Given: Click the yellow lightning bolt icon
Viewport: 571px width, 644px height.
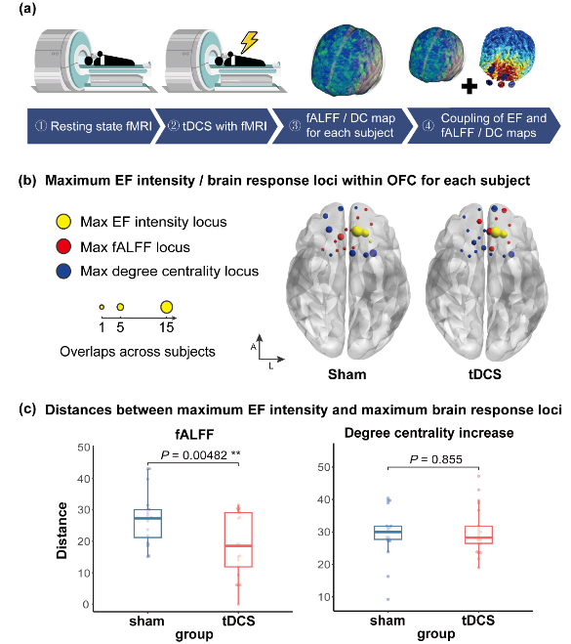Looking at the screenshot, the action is tap(249, 42).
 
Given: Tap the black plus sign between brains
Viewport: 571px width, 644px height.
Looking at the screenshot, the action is tap(469, 86).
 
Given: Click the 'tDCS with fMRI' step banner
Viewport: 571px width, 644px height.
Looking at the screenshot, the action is tap(218, 126).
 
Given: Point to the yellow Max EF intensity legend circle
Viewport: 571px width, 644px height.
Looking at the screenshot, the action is tap(63, 222).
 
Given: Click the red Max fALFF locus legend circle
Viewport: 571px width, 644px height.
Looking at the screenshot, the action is tap(63, 247).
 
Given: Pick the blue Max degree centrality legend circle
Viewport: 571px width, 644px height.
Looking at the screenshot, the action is tap(63, 271).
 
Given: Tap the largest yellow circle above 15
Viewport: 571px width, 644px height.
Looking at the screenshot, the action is tap(166, 307).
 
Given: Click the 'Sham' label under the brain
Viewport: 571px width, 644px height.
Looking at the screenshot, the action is tap(347, 374).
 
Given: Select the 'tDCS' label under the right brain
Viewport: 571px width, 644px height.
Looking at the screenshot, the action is tap(485, 374).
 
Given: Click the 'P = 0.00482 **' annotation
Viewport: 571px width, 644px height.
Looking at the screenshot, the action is tap(201, 455).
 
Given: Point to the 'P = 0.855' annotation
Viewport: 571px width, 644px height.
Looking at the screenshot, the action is tap(436, 459).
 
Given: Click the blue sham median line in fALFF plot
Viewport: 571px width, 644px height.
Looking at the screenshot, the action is tap(147, 518).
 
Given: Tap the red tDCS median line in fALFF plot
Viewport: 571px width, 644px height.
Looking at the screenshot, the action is tap(238, 545).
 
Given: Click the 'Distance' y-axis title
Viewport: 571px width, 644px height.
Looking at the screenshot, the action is tap(61, 531).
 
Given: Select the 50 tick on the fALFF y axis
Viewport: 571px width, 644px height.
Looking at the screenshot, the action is tap(84, 447).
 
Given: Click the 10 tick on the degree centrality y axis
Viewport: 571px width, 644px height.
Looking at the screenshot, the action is tap(324, 597).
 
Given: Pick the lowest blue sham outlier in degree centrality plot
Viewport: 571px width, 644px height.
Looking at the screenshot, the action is tap(388, 599).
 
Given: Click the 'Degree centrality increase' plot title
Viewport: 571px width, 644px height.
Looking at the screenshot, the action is tap(429, 433).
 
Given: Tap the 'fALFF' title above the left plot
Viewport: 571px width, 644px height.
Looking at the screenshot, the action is tap(194, 434).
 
